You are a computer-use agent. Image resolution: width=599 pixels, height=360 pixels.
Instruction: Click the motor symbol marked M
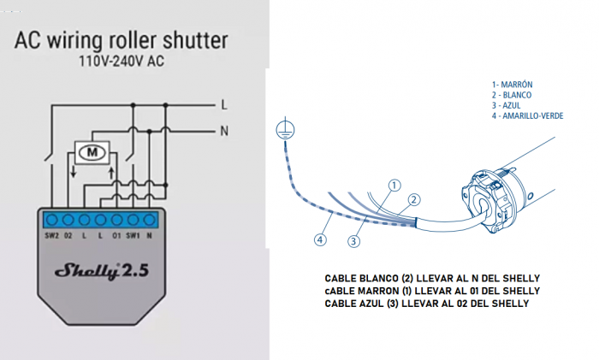90,153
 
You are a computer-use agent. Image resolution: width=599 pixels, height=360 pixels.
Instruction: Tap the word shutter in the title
194,40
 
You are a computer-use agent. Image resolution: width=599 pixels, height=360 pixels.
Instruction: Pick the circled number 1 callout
394,184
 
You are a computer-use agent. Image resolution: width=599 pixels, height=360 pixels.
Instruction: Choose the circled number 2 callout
413,199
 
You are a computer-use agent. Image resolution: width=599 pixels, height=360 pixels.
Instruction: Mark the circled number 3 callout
353,242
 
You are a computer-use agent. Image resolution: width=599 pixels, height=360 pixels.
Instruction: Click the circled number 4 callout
320,240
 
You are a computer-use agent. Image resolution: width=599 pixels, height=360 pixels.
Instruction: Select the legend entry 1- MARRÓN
513,84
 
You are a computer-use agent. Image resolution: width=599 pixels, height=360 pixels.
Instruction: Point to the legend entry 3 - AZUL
507,105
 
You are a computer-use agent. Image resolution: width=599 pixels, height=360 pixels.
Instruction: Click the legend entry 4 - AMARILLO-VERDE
527,116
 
